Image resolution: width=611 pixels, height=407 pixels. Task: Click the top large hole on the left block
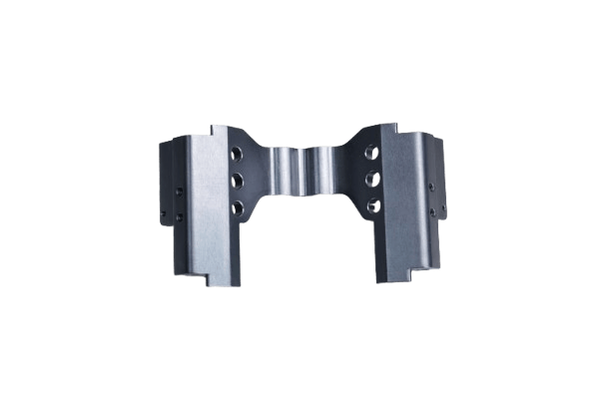[237, 156]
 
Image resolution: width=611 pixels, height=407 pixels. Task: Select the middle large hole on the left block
[238, 181]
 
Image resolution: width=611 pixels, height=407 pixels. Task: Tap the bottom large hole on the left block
[238, 206]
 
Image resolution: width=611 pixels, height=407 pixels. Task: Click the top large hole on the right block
[371, 154]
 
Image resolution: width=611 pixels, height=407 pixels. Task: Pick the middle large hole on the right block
[372, 180]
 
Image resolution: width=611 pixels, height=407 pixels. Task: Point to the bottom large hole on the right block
[372, 205]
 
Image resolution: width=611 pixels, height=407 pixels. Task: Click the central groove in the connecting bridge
[305, 172]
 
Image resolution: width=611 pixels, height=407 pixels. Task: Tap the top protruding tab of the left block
[221, 131]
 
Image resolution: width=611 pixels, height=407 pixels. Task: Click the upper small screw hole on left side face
[179, 191]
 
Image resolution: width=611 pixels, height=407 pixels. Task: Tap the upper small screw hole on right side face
[431, 187]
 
